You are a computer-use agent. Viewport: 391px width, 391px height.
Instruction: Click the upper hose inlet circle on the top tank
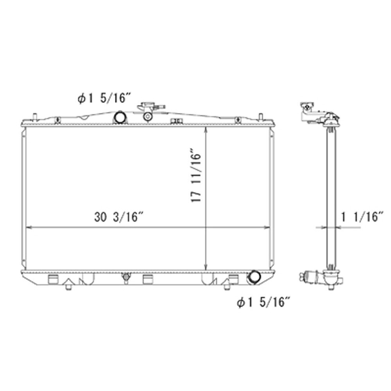pyautogui.click(x=120, y=117)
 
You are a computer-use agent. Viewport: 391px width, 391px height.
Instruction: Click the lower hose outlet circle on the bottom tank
pyautogui.click(x=254, y=276)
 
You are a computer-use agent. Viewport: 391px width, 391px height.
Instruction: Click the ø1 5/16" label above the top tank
pyautogui.click(x=103, y=99)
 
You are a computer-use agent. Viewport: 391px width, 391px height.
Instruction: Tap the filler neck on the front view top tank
pyautogui.click(x=147, y=111)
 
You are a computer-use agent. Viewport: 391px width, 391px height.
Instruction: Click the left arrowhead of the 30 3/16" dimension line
pyautogui.click(x=28, y=227)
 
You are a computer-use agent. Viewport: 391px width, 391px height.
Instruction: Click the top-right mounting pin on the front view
pyautogui.click(x=260, y=117)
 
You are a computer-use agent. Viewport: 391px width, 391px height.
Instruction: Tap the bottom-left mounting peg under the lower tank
pyautogui.click(x=69, y=288)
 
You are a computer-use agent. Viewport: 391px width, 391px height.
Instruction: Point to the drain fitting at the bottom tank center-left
pyautogui.click(x=126, y=277)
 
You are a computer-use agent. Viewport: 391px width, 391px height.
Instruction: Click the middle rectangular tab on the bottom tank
pyautogui.click(x=147, y=279)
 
